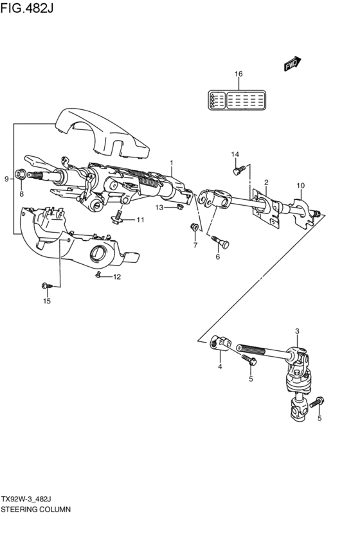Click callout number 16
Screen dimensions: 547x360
click(239, 74)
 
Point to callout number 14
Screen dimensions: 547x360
click(235, 154)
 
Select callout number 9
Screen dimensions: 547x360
click(6, 179)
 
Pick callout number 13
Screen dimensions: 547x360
click(159, 207)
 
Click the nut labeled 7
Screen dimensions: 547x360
click(194, 227)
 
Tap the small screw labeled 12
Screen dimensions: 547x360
click(98, 275)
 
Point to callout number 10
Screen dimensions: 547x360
click(300, 186)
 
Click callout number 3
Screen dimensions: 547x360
click(297, 331)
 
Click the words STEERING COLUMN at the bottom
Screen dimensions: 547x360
click(35, 508)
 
